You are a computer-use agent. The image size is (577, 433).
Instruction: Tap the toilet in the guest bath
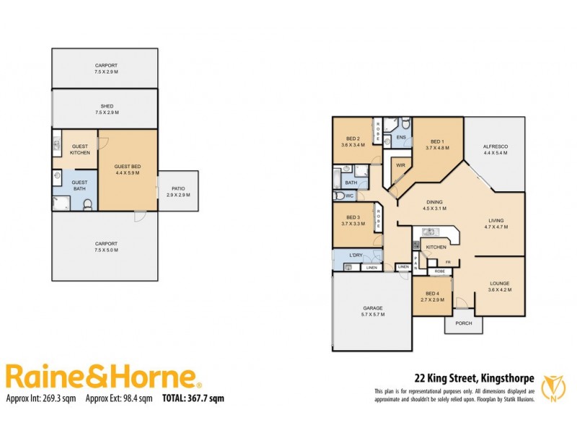(87, 204)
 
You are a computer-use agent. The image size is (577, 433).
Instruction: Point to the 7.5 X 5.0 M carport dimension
(105, 250)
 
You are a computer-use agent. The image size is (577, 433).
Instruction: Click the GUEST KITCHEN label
(79, 149)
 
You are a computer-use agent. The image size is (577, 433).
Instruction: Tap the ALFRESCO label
(495, 146)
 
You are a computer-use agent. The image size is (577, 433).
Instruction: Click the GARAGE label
(372, 308)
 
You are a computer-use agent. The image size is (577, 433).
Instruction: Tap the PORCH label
(464, 323)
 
